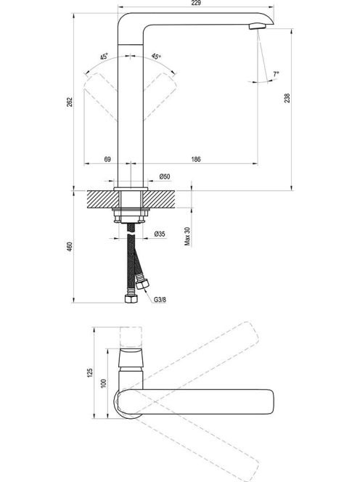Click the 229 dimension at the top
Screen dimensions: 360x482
coord(196,3)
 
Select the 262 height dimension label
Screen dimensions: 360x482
coord(70,102)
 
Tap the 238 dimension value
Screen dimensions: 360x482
coord(287,98)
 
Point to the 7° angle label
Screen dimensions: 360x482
coord(276,74)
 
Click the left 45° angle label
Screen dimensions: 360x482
coord(104,57)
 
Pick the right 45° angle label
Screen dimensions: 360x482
coord(156,57)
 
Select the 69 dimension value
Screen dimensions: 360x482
coord(107,159)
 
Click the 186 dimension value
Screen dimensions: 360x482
coord(196,159)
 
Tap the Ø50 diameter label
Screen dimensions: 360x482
coord(165,176)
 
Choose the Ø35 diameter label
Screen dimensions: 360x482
coord(160,234)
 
